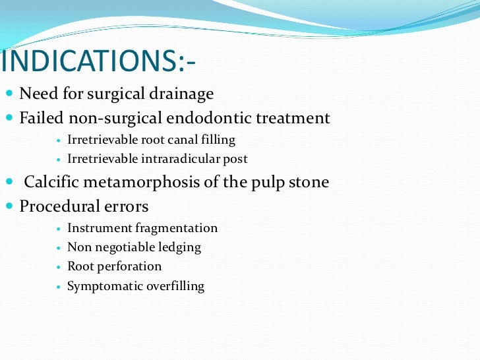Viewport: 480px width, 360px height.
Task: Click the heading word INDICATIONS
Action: coord(90,62)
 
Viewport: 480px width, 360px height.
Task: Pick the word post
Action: coord(235,159)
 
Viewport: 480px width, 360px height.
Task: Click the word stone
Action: coord(307,182)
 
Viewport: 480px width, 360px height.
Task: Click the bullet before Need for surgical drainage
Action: coord(9,94)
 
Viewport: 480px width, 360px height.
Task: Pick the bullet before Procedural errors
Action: coord(9,206)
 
